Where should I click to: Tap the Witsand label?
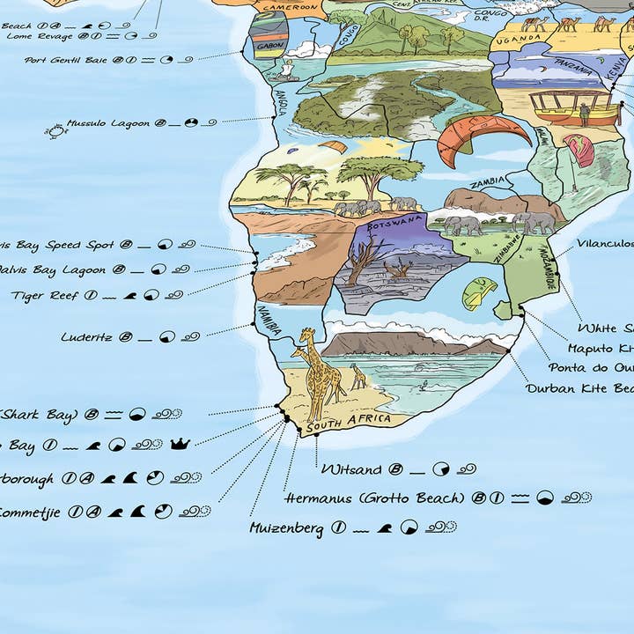351,469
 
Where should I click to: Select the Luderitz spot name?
86,336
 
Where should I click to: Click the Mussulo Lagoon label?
108,123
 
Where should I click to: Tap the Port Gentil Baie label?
67,60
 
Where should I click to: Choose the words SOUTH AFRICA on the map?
346,423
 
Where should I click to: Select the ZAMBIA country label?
487,183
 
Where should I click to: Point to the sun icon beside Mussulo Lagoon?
55,130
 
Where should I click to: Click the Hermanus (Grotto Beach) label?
373,498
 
